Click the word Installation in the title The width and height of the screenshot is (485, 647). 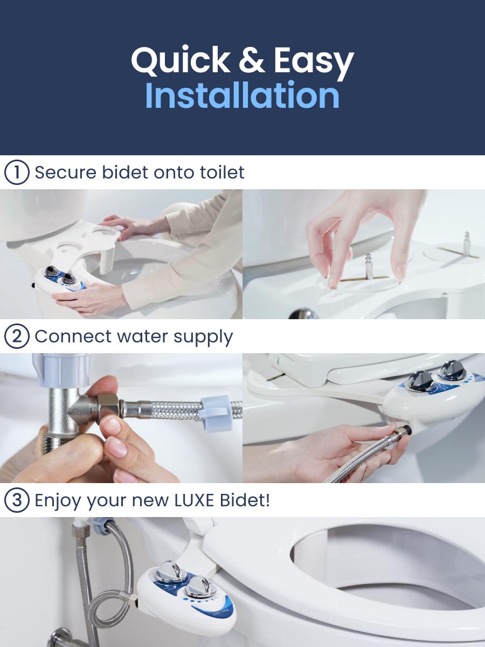242,95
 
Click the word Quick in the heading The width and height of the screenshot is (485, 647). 181,60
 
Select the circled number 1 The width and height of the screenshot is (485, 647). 16,173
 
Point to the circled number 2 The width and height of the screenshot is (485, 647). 16,336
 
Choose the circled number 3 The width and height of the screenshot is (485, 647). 16,500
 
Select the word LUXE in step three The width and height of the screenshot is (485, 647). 195,500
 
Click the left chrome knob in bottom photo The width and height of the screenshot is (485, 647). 171,572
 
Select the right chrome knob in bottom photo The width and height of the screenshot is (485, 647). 200,586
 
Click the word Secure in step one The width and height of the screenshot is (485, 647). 65,173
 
